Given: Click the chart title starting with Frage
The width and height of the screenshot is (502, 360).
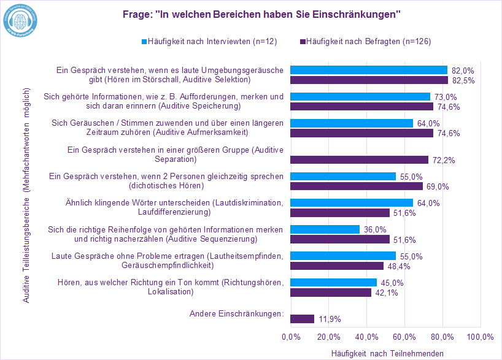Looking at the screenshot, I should click(251, 14).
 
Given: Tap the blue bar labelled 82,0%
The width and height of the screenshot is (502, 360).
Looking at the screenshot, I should click(368, 70).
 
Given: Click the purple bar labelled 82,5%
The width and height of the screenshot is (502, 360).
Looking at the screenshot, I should click(369, 80).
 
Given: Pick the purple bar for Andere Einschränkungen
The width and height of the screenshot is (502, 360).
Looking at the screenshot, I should click(302, 319).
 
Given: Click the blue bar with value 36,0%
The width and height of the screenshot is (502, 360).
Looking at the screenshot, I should click(325, 229).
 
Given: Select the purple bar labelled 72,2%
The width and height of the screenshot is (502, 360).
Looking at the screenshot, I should click(359, 159).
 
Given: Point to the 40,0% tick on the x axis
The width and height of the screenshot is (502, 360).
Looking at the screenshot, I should click(366, 337).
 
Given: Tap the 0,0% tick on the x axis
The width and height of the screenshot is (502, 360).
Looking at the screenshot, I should click(290, 337).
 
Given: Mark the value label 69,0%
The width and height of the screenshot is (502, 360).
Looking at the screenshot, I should click(438, 186).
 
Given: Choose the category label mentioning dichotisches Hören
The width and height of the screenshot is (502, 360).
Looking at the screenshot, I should click(166, 180).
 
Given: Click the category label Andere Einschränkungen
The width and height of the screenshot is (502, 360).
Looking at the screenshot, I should click(236, 313).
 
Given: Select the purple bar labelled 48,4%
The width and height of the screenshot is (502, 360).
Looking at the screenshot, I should click(336, 266).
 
